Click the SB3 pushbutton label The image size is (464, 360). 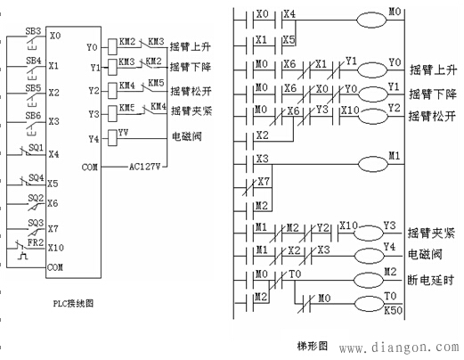pyautogui.click(x=34, y=30)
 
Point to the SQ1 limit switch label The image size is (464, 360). pyautogui.click(x=37, y=146)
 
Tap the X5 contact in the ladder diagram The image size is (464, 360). pyautogui.click(x=289, y=40)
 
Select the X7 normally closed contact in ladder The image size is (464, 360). pyautogui.click(x=262, y=183)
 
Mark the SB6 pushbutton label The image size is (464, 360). pyautogui.click(x=34, y=116)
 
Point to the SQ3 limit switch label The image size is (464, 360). pyautogui.click(x=37, y=221)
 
